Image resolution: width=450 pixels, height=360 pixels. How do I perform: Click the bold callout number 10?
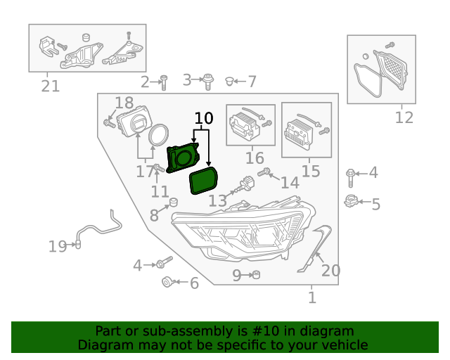pos(203,118)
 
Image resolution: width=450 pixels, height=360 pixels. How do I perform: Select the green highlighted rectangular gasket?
pos(204,181)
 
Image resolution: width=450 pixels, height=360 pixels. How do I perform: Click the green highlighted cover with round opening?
pos(183,157)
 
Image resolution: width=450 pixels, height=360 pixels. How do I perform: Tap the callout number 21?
pos(50,86)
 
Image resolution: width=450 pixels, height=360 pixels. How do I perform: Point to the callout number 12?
pos(404,117)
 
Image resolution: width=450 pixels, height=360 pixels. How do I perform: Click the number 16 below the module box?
pos(254,157)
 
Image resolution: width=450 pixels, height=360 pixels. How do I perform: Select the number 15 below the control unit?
pos(310,171)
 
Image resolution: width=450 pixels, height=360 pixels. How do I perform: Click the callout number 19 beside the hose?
pos(57,246)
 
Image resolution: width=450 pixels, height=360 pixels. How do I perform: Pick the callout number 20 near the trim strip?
pos(330,271)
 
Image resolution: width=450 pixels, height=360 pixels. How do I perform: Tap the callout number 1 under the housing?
pos(312,298)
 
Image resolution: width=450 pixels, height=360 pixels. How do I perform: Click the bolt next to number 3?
pos(208,82)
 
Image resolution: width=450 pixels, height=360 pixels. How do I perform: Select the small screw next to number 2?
pos(163,82)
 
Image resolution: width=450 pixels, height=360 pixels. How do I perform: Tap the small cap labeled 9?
pos(256,275)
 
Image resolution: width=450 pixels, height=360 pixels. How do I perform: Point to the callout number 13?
pos(217,201)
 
